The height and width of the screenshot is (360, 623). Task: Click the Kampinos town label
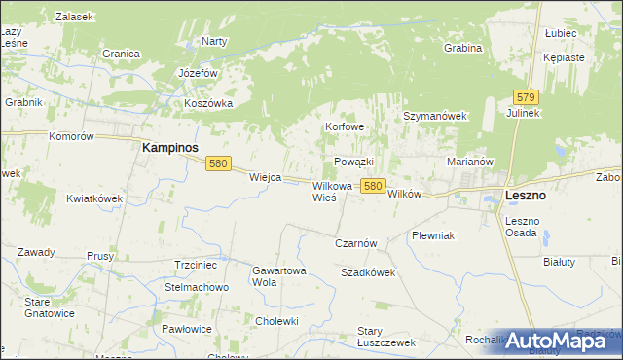click(170, 147)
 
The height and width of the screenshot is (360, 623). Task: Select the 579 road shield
click(527, 96)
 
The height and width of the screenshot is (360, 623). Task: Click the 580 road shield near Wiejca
click(218, 164)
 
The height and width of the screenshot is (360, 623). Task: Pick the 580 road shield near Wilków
click(372, 184)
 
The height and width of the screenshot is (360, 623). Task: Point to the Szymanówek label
click(436, 116)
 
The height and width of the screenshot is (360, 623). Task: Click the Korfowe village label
click(346, 126)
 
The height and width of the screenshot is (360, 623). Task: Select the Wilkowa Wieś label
click(331, 191)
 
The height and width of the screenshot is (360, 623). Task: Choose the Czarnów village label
click(355, 243)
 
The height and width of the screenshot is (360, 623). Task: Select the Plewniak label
click(433, 235)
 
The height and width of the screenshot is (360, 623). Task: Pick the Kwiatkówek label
click(94, 198)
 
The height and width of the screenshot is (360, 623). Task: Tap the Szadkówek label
click(368, 273)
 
